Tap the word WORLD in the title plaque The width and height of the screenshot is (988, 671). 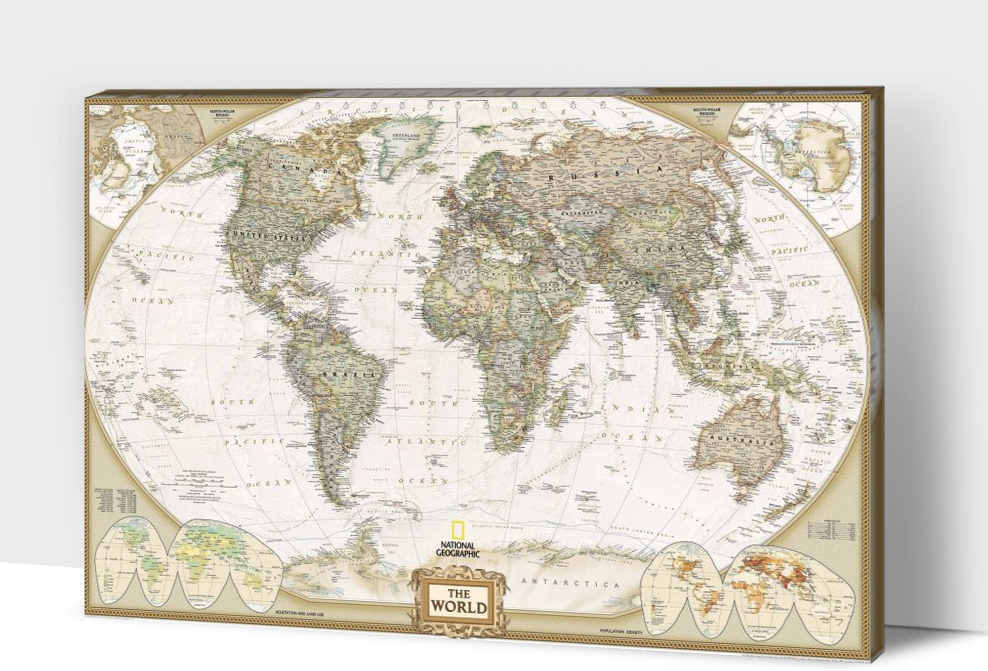(459, 606)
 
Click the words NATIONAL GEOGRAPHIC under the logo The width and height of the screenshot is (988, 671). (457, 550)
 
